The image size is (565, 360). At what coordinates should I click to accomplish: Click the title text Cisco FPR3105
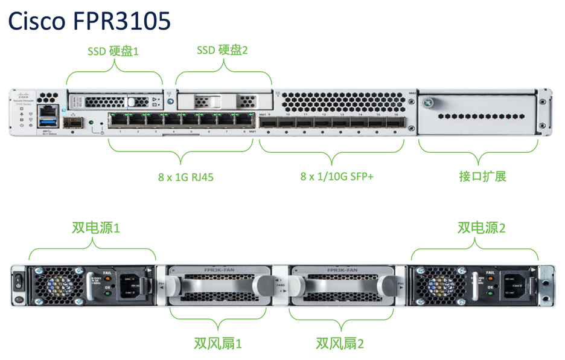click(89, 21)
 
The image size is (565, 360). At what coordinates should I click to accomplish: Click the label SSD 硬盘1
click(113, 51)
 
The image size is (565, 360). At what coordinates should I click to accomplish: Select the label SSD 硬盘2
click(222, 50)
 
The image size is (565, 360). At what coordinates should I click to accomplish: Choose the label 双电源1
click(96, 228)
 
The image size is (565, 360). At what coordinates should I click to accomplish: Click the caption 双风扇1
click(217, 344)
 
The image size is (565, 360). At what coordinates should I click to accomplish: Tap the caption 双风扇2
click(340, 344)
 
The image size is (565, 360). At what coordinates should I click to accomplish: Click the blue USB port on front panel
click(47, 124)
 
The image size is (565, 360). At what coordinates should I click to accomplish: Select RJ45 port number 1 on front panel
click(120, 120)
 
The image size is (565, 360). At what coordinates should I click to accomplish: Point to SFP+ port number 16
click(395, 122)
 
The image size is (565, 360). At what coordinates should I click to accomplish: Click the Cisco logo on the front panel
click(22, 96)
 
